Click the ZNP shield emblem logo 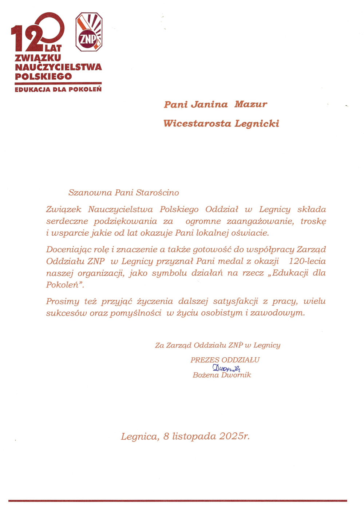click(89, 32)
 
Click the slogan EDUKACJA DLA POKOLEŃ click(58, 89)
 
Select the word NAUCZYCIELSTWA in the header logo click(58, 67)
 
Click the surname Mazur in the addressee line click(250, 105)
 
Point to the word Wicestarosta click(197, 123)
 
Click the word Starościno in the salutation click(157, 193)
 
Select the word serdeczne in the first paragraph click(67, 221)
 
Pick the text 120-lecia click(307, 262)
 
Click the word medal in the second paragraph click(230, 262)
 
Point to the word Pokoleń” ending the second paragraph click(65, 285)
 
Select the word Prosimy click(62, 302)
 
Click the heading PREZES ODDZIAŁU click(225, 360)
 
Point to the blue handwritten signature click(226, 368)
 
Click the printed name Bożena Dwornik click(222, 375)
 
